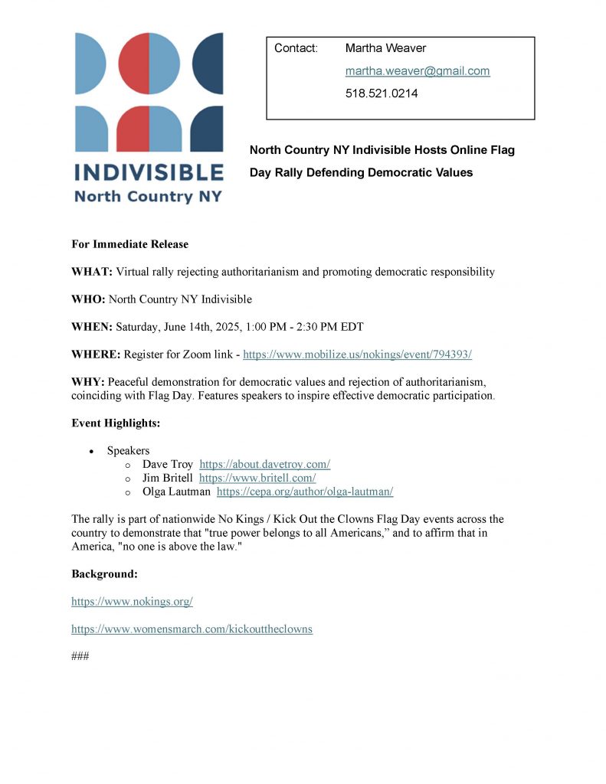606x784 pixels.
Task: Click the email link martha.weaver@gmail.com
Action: pos(417,71)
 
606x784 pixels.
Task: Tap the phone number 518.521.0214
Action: pos(382,94)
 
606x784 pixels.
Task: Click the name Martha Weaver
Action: pos(385,48)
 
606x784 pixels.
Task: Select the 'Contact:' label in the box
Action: pos(296,48)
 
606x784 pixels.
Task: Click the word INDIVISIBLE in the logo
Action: pos(149,171)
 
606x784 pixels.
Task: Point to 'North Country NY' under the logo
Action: pos(148,196)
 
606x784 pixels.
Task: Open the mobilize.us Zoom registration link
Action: pos(357,354)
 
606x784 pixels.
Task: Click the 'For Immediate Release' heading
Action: pos(129,244)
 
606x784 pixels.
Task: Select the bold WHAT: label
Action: pos(92,272)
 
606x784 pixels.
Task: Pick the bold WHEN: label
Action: pos(92,327)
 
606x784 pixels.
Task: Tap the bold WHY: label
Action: pos(88,382)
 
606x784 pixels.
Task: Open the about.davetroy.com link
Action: pos(264,464)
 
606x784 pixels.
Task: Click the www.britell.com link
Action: pos(257,478)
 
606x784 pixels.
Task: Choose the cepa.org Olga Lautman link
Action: pos(305,492)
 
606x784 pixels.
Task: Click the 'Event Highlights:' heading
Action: pos(116,423)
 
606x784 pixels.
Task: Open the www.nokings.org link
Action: pos(132,602)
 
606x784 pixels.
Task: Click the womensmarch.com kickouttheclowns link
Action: pos(192,629)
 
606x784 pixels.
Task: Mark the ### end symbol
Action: pos(80,656)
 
